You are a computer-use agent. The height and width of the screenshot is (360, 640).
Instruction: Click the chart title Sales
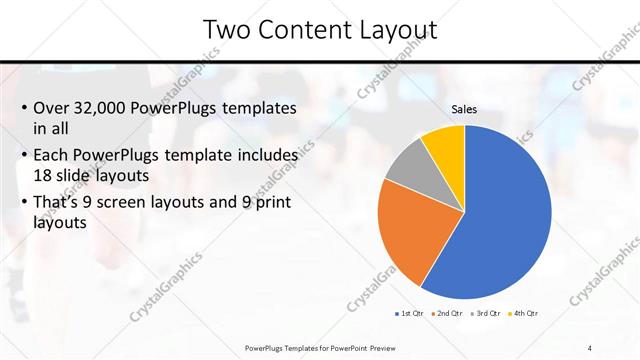(464, 109)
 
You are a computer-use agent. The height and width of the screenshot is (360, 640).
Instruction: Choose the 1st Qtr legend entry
(410, 314)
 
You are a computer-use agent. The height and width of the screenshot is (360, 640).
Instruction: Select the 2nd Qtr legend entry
(446, 314)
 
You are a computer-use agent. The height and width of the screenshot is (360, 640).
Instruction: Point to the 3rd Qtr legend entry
(486, 314)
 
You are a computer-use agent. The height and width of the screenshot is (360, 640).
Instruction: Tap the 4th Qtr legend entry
(524, 314)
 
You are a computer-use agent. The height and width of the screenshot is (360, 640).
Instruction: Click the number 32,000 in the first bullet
(103, 108)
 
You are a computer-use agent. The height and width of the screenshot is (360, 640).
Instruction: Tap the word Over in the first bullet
(52, 108)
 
